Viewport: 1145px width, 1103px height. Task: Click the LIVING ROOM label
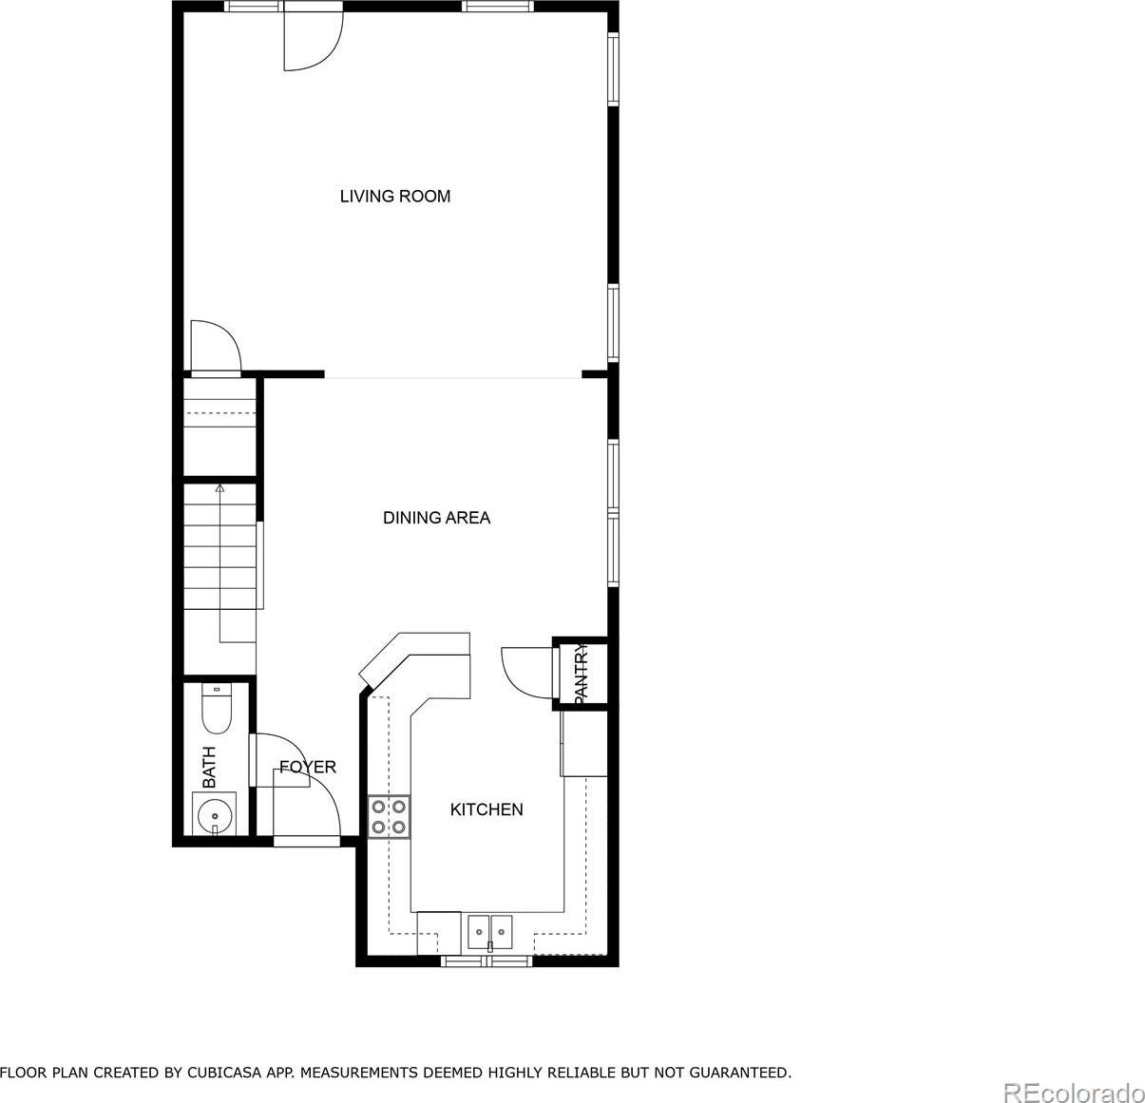coord(394,196)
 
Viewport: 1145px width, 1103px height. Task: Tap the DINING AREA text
coord(436,518)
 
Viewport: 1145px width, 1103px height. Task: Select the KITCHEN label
coord(487,809)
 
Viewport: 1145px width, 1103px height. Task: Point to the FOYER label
coord(308,767)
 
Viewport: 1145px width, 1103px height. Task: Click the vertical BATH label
coord(209,767)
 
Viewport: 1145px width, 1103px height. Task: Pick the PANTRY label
coord(581,673)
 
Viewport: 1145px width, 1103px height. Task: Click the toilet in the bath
coord(217,709)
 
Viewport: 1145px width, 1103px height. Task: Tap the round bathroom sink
coord(215,816)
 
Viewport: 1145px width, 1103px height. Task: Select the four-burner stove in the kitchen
coord(389,816)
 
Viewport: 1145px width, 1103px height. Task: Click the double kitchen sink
coord(489,931)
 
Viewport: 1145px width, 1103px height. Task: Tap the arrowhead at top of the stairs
coord(219,487)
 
